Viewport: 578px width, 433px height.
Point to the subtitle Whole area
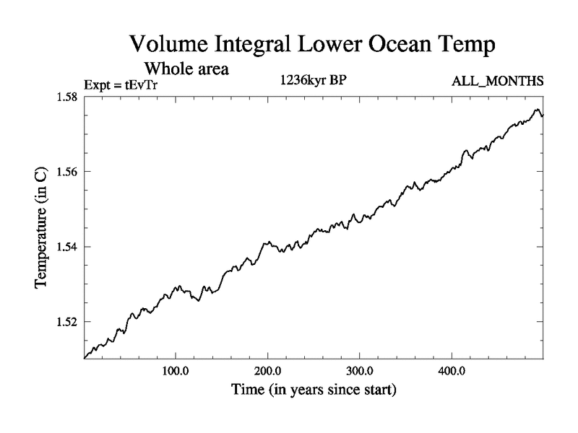(186, 69)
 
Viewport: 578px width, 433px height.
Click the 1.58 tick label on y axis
(66, 97)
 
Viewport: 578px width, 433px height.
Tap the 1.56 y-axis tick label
(66, 172)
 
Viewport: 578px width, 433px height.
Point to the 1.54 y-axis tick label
(66, 247)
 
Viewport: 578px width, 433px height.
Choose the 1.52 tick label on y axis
(66, 322)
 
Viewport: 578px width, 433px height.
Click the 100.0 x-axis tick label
(176, 372)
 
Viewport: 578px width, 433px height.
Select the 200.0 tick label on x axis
(268, 372)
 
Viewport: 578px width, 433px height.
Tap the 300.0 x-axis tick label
(360, 372)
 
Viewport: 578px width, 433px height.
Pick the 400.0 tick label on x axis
(452, 372)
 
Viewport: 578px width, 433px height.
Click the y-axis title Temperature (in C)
(42, 227)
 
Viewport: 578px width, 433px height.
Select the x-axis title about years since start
(314, 390)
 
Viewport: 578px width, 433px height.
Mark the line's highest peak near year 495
(537, 110)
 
